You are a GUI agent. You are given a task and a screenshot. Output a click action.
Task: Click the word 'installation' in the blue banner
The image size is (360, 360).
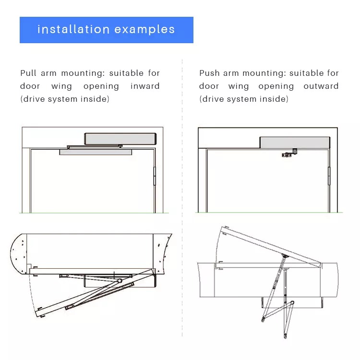click(x=73, y=29)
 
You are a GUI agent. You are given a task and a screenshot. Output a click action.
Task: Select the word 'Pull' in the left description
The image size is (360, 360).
click(x=28, y=73)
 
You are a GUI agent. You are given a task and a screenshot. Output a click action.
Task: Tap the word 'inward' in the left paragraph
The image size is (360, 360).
click(x=145, y=86)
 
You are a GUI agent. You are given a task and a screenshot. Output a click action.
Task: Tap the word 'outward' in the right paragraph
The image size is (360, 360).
click(x=321, y=86)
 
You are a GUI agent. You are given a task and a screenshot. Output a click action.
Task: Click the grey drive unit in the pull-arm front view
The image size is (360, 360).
click(x=120, y=139)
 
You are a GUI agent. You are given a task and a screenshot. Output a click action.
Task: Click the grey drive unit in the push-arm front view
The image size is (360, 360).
click(x=295, y=143)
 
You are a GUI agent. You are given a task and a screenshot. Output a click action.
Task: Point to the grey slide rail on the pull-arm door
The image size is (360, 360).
click(x=96, y=152)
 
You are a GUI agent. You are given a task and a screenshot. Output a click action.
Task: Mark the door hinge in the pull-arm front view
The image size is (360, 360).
click(x=155, y=176)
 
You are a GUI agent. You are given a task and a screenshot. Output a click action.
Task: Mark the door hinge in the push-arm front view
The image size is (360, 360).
click(x=329, y=176)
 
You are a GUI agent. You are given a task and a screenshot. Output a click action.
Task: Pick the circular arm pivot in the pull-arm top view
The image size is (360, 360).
click(x=120, y=281)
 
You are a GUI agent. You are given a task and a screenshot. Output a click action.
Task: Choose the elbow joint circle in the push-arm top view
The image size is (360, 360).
click(x=292, y=303)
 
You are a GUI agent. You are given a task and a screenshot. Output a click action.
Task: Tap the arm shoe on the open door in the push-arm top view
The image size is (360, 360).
click(x=285, y=255)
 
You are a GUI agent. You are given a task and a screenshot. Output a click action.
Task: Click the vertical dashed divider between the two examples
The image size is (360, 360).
click(x=182, y=198)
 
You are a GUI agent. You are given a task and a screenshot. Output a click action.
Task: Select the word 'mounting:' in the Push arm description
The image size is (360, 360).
click(x=264, y=73)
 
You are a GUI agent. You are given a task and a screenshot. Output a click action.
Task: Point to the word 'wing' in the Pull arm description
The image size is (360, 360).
click(x=61, y=86)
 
